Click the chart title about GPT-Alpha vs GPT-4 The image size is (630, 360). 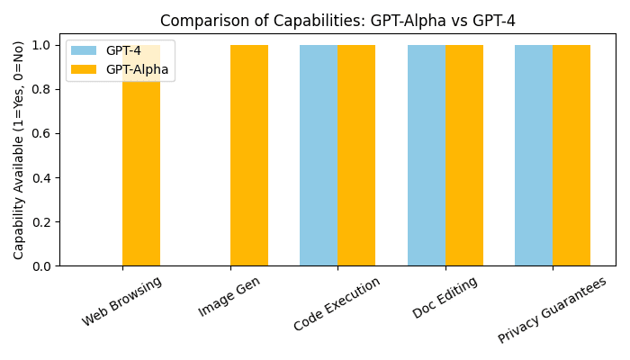(x=337, y=21)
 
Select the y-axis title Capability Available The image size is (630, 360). (x=19, y=149)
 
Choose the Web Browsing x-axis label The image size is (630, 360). (x=122, y=301)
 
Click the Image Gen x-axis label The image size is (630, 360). (x=230, y=297)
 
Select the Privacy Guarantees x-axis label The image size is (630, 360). (x=553, y=310)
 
